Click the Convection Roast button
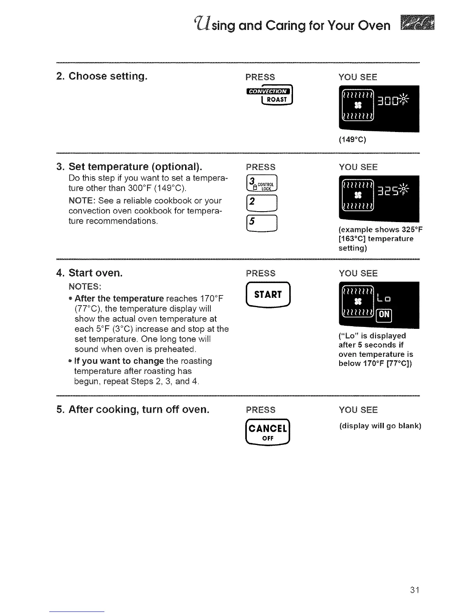tap(269, 96)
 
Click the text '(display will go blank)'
tap(380, 426)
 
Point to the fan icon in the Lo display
tap(358, 302)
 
